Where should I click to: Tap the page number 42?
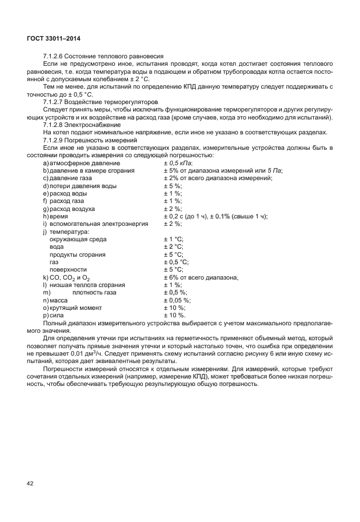tap(30, 484)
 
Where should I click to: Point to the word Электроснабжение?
tap(95, 124)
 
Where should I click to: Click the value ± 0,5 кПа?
tap(178, 164)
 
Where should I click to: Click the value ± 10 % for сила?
tap(174, 314)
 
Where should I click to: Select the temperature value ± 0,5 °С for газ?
tap(176, 261)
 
